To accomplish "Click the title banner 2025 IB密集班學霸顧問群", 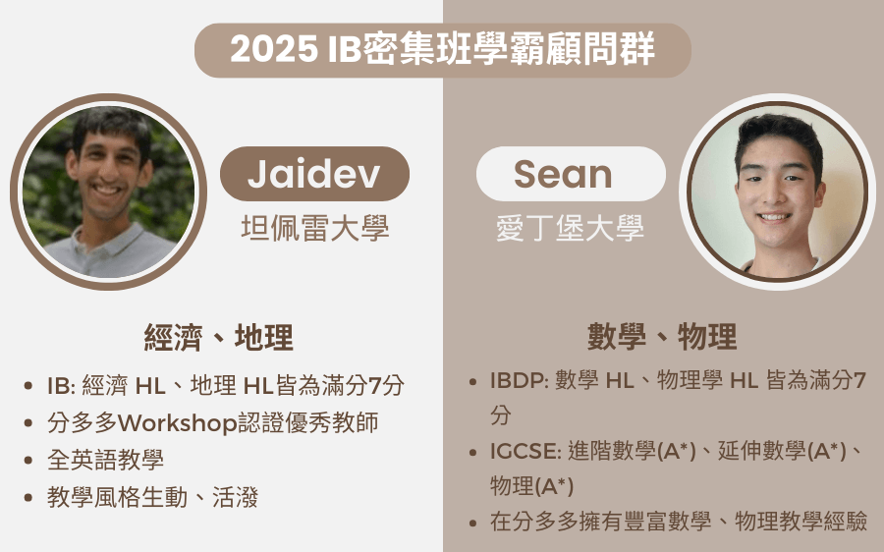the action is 443,50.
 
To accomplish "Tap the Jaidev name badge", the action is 314,174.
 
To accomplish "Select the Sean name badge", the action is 571,174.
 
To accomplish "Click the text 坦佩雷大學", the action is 315,228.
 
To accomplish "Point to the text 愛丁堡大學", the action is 570,228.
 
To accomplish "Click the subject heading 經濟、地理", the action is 219,337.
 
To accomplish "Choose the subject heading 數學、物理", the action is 662,336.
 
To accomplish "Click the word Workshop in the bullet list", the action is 177,423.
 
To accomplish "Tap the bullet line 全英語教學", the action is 105,460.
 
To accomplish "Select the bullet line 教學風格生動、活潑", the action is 153,497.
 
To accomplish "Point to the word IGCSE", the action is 524,452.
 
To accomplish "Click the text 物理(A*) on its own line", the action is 531,486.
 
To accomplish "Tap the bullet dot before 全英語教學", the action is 28,461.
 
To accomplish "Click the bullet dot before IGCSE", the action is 472,452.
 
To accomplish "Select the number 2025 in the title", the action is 274,49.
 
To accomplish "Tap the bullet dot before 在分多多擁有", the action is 472,523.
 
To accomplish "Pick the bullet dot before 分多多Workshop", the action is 28,423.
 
